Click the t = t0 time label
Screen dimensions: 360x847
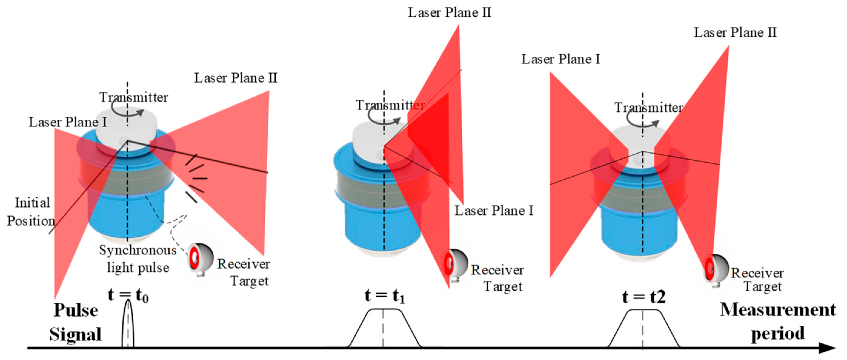[128, 295]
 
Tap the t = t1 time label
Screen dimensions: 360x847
[384, 295]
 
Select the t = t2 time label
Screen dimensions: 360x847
[644, 297]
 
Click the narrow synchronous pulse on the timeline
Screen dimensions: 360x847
[128, 325]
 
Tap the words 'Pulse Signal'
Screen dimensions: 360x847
[75, 322]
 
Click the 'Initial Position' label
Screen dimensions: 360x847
[31, 212]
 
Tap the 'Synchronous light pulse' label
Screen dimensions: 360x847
[138, 259]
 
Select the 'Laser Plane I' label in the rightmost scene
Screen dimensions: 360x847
[560, 59]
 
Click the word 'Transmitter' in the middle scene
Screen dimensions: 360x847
[390, 105]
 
